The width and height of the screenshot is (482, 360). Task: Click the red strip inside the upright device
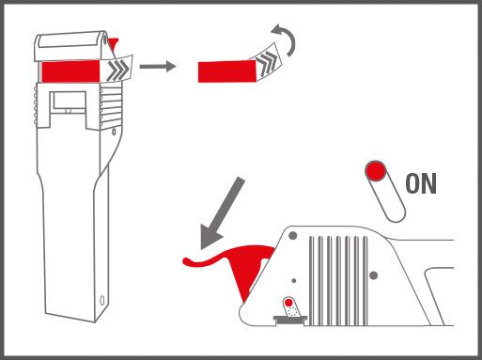[x=71, y=71]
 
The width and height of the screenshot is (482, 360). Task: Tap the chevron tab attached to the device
[x=117, y=69]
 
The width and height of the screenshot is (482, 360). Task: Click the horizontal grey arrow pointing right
[x=158, y=67]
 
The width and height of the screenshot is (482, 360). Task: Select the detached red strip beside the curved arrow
[x=227, y=71]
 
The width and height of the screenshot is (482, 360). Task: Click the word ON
[x=421, y=183]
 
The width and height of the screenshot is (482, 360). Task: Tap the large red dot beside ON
[x=376, y=171]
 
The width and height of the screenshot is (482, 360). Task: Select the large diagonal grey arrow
[x=221, y=213]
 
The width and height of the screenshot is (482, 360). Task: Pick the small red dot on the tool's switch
[x=288, y=303]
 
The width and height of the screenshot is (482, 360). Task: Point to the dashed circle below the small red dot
[x=292, y=311]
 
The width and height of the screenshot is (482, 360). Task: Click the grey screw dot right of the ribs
[x=373, y=275]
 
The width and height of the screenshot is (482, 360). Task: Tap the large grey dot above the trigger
[x=293, y=235]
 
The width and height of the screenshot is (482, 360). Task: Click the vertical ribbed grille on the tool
[x=338, y=281]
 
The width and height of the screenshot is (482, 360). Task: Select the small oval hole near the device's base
[x=102, y=301]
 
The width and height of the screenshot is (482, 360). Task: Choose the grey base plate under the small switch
[x=290, y=320]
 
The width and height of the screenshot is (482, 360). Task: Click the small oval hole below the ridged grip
[x=114, y=132]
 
